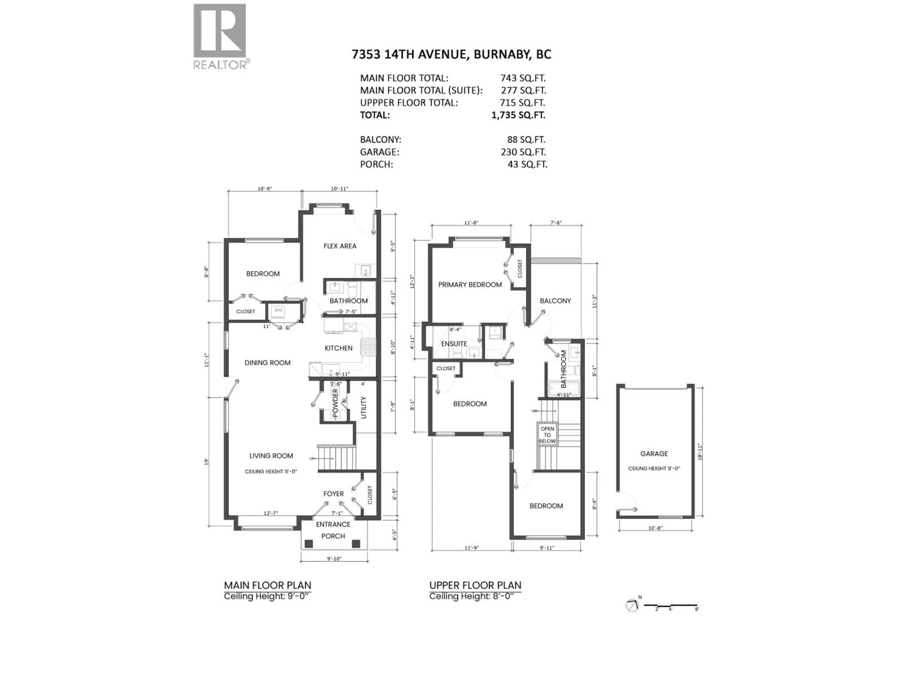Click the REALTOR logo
pyautogui.click(x=220, y=36)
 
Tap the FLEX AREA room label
pyautogui.click(x=340, y=246)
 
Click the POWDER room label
pyautogui.click(x=335, y=403)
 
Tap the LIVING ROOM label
pyautogui.click(x=271, y=456)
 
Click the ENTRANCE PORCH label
pyautogui.click(x=333, y=530)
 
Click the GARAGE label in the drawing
pyautogui.click(x=654, y=454)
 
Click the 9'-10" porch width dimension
pyautogui.click(x=334, y=559)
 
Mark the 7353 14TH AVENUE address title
pyautogui.click(x=451, y=54)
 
